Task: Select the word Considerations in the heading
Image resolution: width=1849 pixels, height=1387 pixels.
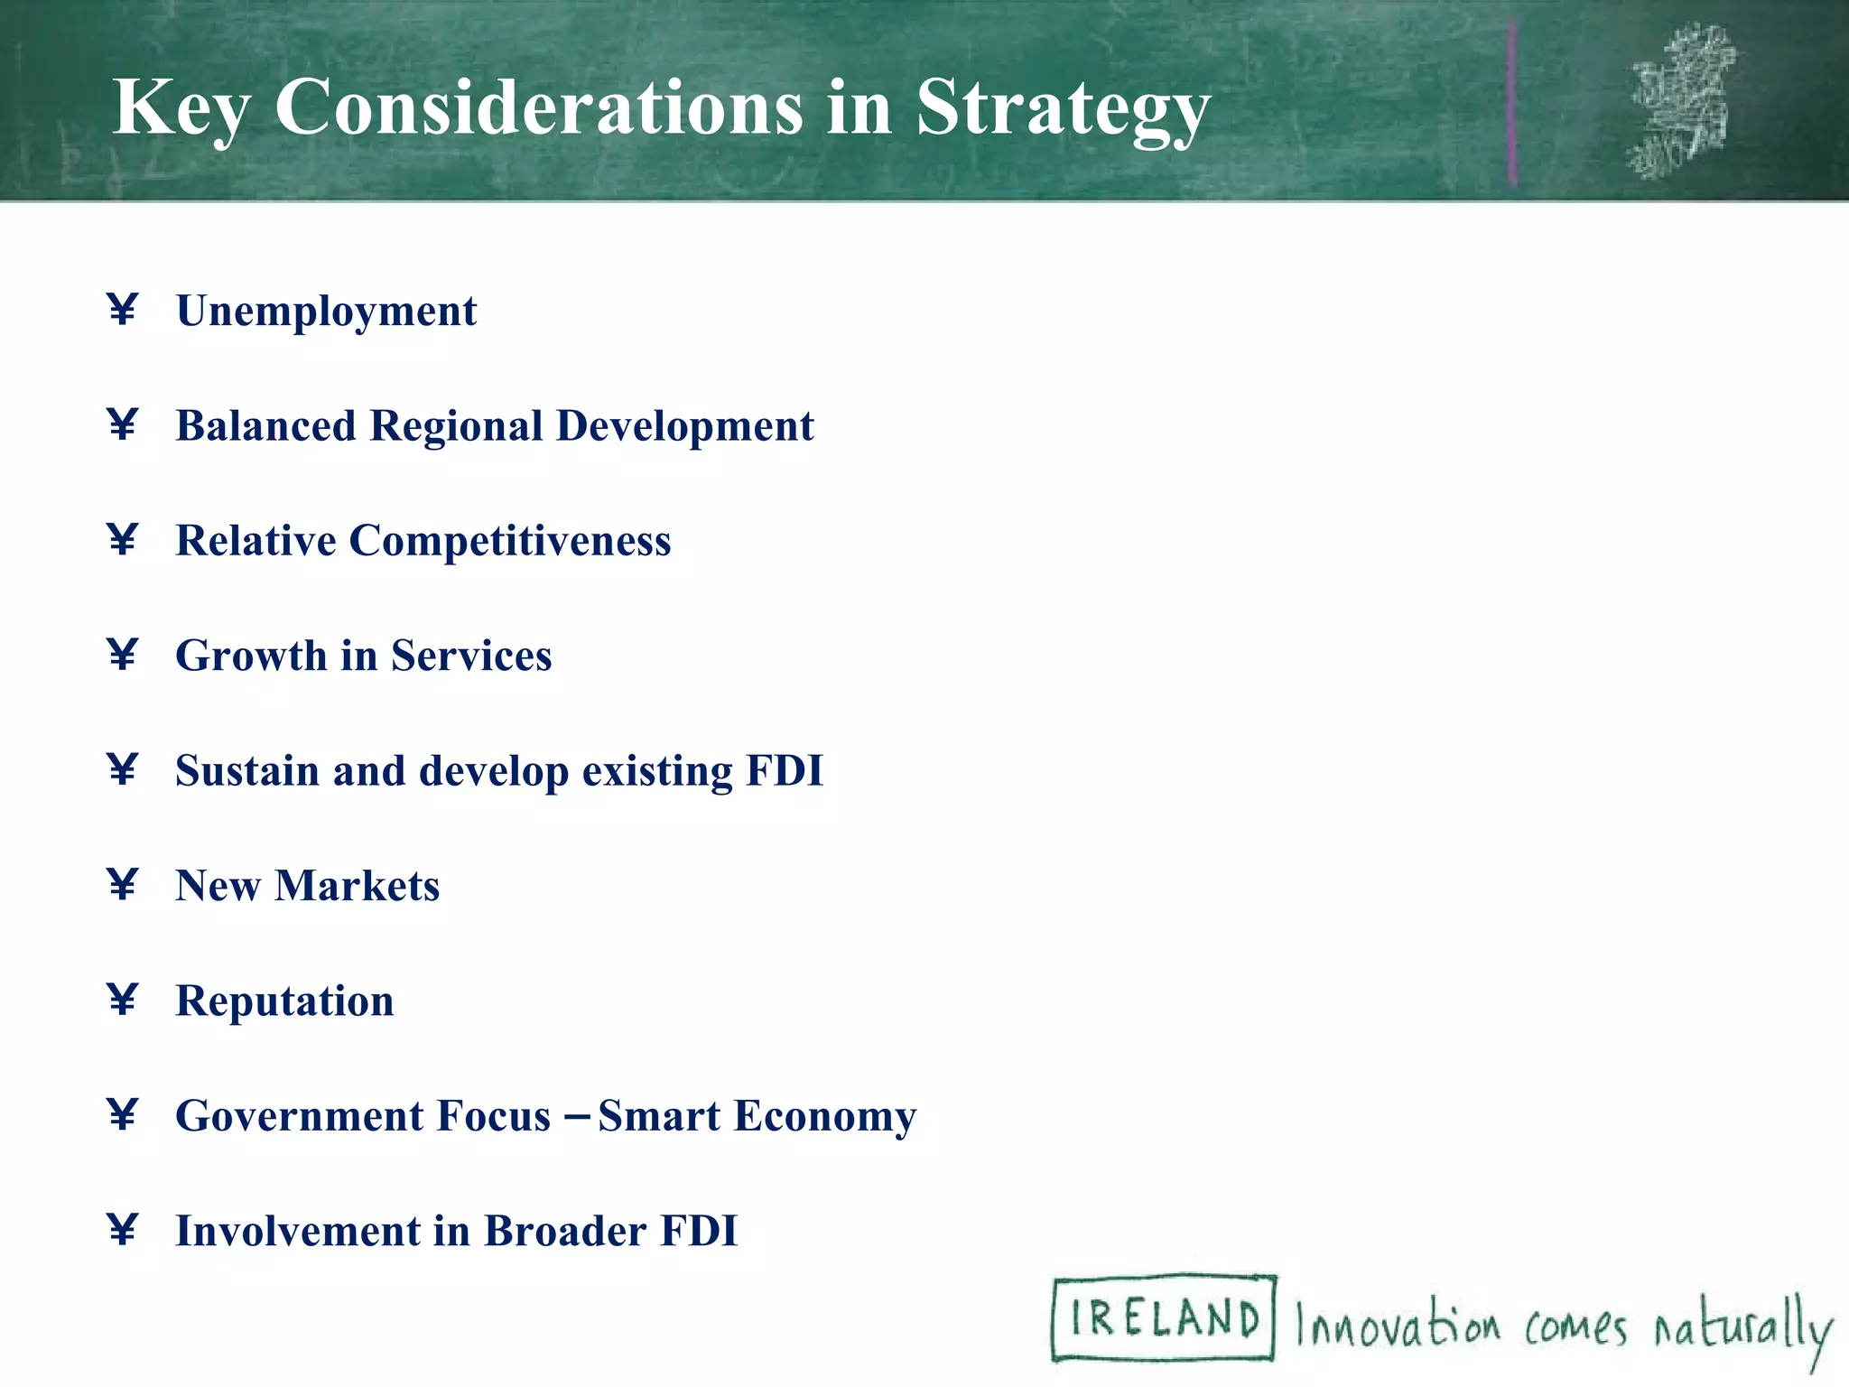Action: [538, 108]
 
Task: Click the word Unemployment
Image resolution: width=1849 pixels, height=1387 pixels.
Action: [326, 312]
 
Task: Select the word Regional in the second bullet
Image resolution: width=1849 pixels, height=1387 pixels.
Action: [457, 426]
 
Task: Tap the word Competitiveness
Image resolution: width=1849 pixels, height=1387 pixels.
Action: [510, 541]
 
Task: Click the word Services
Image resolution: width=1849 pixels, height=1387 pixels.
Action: [470, 656]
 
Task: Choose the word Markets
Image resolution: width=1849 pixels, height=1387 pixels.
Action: [358, 886]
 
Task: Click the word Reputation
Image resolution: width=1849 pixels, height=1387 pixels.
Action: [284, 1001]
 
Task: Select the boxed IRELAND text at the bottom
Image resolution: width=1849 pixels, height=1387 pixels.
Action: [1164, 1317]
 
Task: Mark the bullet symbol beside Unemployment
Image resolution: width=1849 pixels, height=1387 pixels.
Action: [122, 310]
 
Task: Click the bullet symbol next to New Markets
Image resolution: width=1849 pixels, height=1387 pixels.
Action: [122, 884]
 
